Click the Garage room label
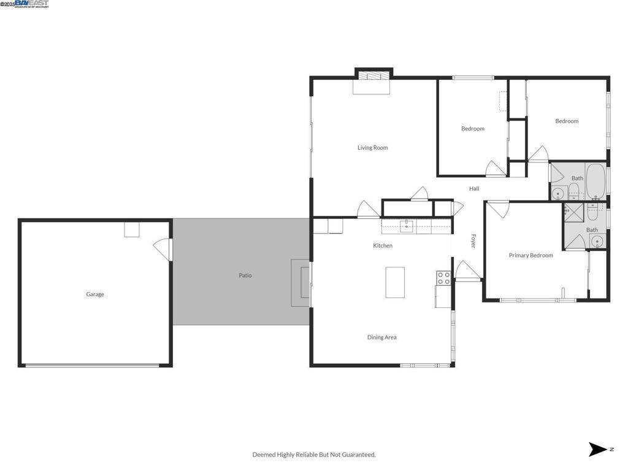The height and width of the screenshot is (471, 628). [x=95, y=294]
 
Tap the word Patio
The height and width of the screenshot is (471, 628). [x=245, y=275]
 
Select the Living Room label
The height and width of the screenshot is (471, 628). [x=373, y=148]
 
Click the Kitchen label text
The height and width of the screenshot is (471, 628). [x=383, y=246]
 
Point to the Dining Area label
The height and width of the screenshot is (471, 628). [x=382, y=337]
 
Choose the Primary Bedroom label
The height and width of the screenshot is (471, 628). [x=531, y=255]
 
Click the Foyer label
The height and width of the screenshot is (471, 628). [x=473, y=240]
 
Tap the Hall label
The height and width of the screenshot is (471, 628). [x=474, y=189]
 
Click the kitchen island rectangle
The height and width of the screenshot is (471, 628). [x=395, y=282]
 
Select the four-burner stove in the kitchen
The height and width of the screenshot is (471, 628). [x=443, y=278]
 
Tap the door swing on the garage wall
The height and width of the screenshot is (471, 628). [x=162, y=249]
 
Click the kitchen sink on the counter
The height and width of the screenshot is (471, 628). [x=407, y=225]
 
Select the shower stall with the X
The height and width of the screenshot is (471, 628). [x=573, y=212]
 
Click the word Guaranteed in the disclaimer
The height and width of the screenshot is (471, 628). [x=357, y=454]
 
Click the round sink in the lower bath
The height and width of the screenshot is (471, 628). [x=598, y=242]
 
